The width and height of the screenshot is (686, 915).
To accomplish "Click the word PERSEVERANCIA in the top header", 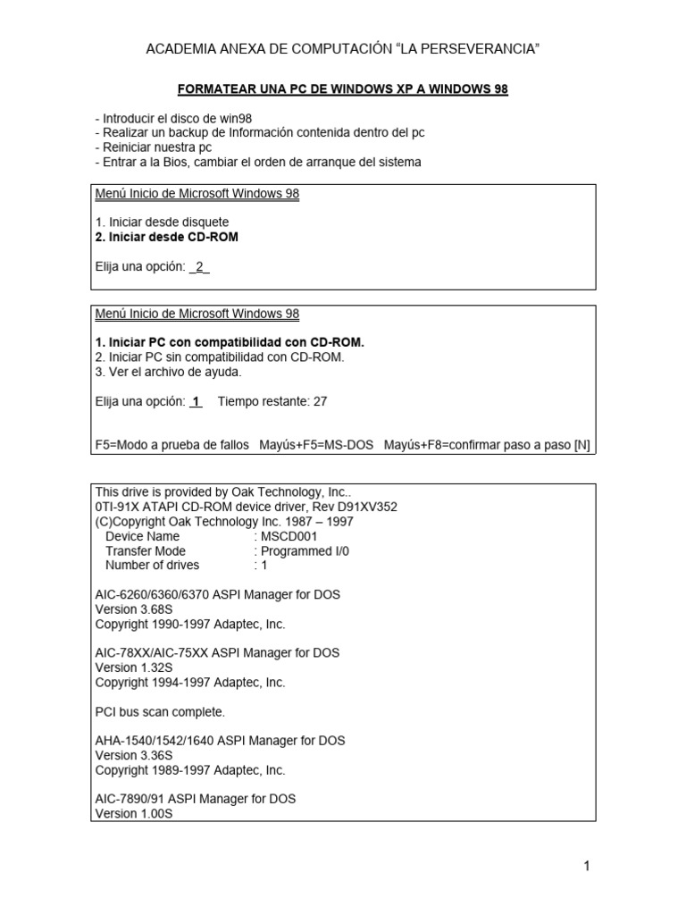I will [x=477, y=47].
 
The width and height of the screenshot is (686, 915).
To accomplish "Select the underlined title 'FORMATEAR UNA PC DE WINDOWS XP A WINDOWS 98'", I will [x=343, y=90].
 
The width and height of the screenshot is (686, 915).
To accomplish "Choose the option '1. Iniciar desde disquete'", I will [x=162, y=222].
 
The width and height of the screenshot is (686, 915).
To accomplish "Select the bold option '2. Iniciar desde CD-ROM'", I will [x=167, y=237].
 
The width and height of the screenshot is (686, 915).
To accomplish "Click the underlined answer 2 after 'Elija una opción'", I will [x=200, y=266].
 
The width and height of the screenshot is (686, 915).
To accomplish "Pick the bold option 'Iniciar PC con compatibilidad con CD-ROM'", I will [x=235, y=342].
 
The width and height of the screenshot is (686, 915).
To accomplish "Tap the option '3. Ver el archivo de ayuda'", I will [x=168, y=372].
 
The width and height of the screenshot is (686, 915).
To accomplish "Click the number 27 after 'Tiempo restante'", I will [x=320, y=401].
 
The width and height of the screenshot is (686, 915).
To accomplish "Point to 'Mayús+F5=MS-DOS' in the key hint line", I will [x=316, y=445].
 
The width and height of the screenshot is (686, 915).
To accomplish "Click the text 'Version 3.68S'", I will [x=133, y=609].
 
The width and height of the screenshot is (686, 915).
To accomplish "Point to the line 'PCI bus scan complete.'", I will [x=160, y=711].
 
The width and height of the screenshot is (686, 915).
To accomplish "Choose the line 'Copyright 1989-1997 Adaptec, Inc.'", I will [x=190, y=769].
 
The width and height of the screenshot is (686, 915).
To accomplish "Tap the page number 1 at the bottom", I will [x=587, y=865].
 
